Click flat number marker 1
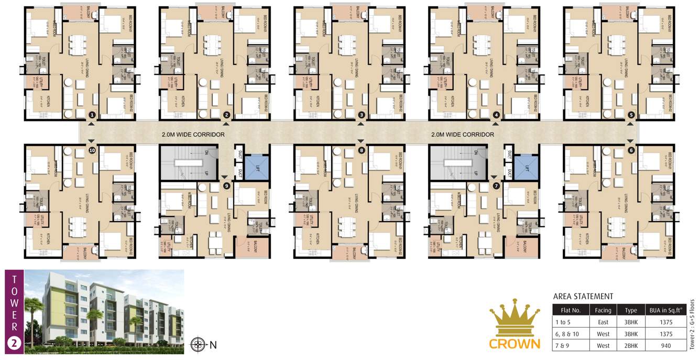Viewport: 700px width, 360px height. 92,115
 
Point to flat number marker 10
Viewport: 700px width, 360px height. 92,150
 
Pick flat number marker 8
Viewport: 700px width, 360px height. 362,150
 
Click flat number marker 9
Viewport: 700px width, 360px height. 226,186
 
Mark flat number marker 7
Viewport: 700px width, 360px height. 496,186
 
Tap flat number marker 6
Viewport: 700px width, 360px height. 631,150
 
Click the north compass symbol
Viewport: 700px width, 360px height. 198,344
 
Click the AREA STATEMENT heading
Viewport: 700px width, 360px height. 583,297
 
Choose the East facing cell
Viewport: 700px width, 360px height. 603,322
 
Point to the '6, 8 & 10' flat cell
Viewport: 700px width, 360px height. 571,334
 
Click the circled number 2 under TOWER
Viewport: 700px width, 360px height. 14,343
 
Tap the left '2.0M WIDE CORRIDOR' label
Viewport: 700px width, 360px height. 193,135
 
